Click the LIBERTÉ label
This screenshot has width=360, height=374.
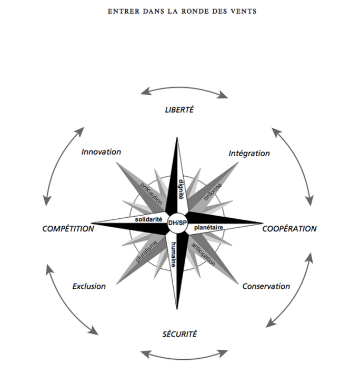(x=179, y=110)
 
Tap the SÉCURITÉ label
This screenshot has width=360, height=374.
(x=179, y=334)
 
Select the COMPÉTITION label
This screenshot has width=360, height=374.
(x=68, y=229)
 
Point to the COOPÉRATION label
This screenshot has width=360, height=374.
(x=289, y=229)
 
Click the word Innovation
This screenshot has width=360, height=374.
(x=101, y=152)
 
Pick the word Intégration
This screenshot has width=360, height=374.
(x=249, y=153)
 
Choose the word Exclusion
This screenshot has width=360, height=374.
(x=89, y=286)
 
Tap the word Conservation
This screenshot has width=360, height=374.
(x=266, y=286)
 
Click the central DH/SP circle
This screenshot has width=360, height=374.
(x=177, y=223)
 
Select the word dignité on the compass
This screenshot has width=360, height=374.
(x=181, y=189)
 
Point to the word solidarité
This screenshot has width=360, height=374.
(x=148, y=219)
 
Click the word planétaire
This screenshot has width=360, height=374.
(x=208, y=227)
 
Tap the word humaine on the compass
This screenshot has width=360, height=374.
(x=174, y=255)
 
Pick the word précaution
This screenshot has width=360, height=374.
(x=151, y=194)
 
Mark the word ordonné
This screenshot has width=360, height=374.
(x=213, y=192)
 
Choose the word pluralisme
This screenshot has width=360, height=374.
(x=146, y=251)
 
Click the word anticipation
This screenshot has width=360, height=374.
(x=203, y=254)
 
